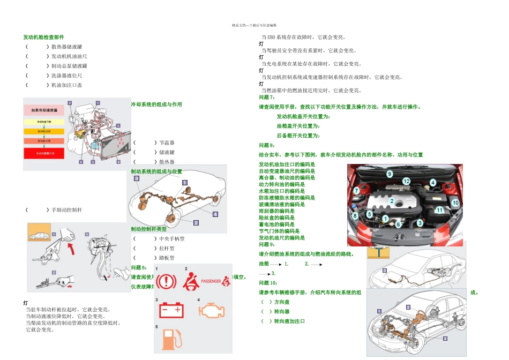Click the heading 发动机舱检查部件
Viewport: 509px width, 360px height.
point(43,37)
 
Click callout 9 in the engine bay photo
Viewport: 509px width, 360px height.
point(390,174)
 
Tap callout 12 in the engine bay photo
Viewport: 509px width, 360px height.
point(407,182)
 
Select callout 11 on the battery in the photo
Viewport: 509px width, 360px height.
point(439,210)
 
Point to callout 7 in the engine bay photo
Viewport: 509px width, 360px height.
point(356,191)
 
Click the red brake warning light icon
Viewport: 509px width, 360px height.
point(166,281)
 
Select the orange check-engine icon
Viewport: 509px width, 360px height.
point(211,311)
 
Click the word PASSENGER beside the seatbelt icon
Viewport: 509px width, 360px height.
point(212,280)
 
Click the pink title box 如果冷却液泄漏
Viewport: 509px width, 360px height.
point(43,111)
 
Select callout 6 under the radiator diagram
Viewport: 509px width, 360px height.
point(118,161)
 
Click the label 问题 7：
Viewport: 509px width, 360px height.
point(267,97)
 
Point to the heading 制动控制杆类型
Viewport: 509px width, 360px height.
point(148,229)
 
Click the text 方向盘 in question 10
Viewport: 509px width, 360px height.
point(281,302)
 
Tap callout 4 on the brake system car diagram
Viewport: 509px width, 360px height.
point(215,214)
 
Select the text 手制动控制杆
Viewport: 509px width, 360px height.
point(66,210)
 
